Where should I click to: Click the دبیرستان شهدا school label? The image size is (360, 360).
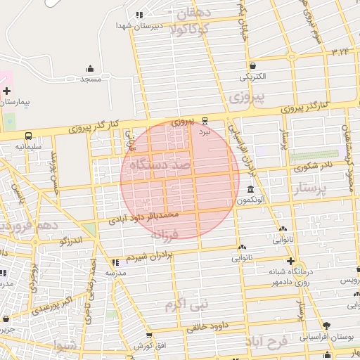tap(139, 25)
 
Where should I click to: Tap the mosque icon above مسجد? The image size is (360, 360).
tap(90, 68)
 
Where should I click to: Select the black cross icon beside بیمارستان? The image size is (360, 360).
tap(6, 91)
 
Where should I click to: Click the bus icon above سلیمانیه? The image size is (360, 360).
tap(28, 136)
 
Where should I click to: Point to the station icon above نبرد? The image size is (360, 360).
tap(205, 120)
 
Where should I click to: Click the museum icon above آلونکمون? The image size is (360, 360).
tap(251, 189)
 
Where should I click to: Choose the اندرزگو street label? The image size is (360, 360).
tap(72, 241)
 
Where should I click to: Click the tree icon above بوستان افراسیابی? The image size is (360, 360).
tap(326, 326)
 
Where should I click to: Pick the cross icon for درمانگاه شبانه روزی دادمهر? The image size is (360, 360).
tap(289, 261)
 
